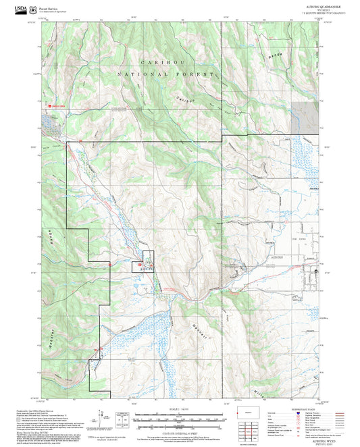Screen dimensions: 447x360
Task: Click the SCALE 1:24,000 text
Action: (x=179, y=409)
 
